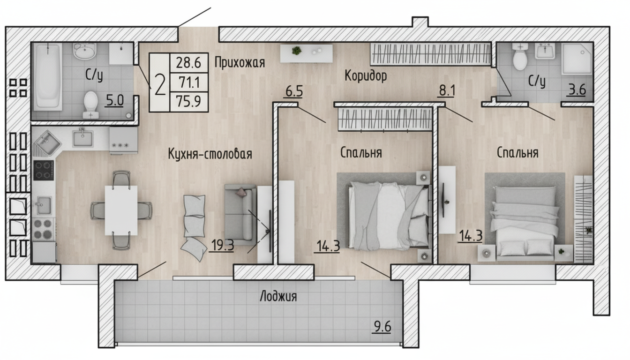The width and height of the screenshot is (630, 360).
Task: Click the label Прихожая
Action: pos(240,62)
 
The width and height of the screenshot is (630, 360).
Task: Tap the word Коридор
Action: pos(366,75)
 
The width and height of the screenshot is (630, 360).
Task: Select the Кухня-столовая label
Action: pos(210,154)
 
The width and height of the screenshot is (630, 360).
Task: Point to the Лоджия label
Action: pos(278,296)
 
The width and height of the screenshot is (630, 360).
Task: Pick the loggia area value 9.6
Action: pos(382,327)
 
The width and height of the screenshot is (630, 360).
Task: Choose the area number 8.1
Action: pos(447,90)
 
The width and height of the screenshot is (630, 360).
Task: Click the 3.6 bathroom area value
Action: pos(577,90)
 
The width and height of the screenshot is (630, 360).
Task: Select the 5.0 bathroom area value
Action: pos(115,100)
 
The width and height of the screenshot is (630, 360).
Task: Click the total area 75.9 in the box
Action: pos(188,101)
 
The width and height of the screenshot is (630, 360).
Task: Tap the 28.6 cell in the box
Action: pos(188,62)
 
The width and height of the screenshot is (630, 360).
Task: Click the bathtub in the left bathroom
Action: pos(48,76)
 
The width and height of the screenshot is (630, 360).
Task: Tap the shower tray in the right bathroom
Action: pos(577,59)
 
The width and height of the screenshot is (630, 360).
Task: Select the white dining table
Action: pos(121,210)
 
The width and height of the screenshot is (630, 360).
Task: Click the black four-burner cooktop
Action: pos(44,170)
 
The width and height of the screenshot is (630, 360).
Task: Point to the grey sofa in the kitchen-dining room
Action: pos(240,214)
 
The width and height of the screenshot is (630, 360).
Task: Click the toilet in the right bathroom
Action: pos(519,57)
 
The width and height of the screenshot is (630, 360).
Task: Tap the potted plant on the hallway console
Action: pos(296,51)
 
